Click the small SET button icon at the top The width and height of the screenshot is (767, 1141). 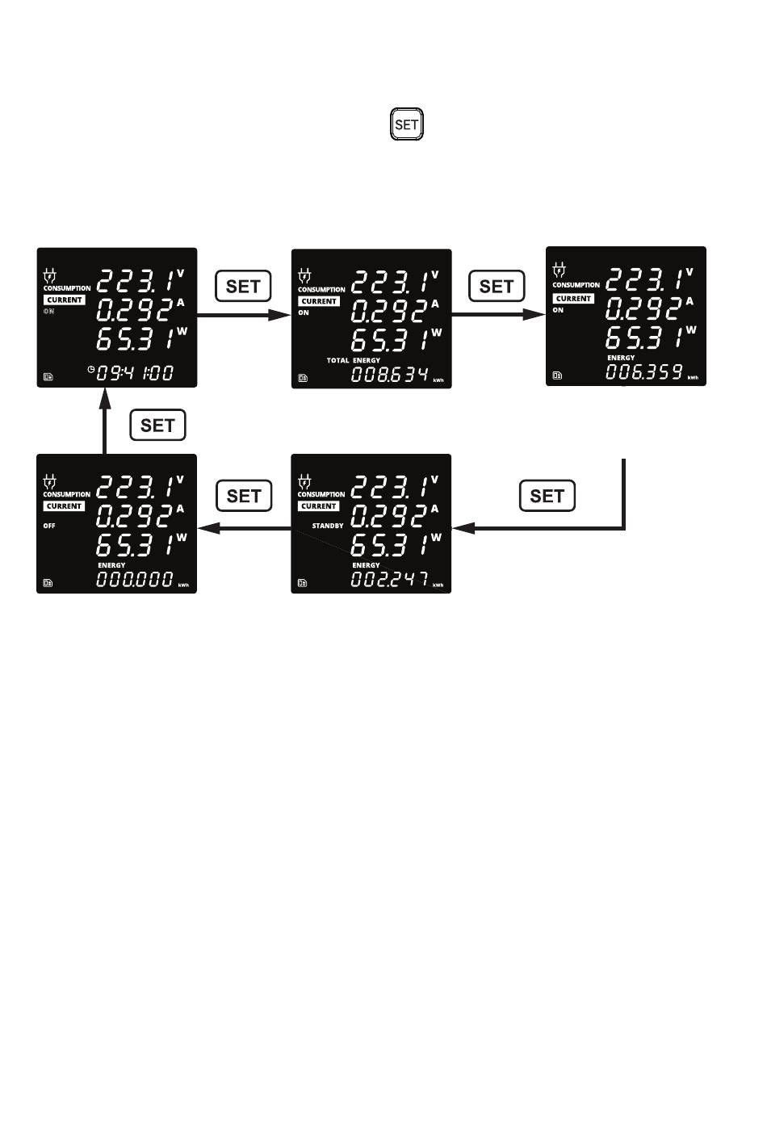pos(407,125)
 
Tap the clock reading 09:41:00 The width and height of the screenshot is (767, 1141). pos(135,373)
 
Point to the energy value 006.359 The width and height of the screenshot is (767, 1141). pos(644,372)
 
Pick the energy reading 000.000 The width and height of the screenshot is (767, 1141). pos(135,579)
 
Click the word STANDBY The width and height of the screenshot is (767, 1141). pos(328,526)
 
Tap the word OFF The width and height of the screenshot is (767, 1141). pos(49,526)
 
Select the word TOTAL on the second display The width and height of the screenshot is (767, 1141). pos(337,360)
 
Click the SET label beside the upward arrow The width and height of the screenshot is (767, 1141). pos(158,426)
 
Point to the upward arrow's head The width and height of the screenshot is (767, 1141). pos(104,396)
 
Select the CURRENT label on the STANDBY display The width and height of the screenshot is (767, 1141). pos(319,506)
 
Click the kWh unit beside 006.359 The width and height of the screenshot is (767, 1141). pos(693,377)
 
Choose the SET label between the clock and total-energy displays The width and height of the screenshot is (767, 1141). pos(243,286)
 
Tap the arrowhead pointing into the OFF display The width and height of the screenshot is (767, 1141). pos(205,528)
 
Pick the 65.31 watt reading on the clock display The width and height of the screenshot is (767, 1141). pos(135,339)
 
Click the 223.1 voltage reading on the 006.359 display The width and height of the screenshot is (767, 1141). pos(644,280)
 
